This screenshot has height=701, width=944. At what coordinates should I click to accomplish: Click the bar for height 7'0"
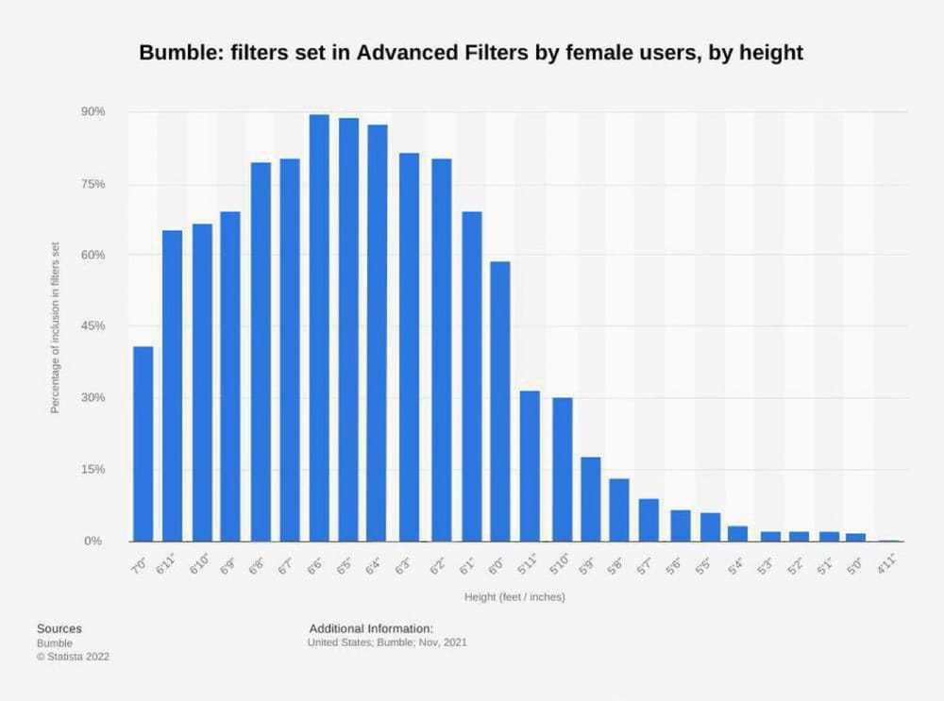click(143, 443)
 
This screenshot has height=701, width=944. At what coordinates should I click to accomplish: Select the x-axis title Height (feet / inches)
click(514, 597)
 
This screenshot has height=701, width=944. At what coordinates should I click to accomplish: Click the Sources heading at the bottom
click(59, 628)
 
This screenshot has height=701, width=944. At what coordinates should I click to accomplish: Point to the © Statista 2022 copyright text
click(72, 657)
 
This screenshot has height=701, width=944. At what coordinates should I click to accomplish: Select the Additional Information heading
click(371, 628)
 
